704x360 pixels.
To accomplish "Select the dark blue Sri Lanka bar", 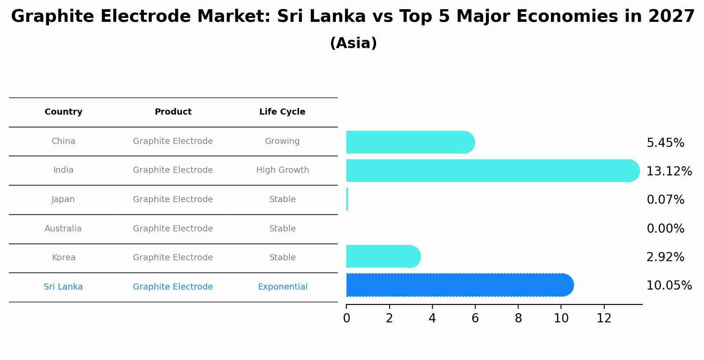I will [x=459, y=285].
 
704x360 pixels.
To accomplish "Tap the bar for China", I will [x=410, y=142].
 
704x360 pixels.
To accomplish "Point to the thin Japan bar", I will [x=347, y=199].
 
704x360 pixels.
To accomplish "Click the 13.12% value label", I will [x=669, y=171].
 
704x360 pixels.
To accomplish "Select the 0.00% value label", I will [x=665, y=229].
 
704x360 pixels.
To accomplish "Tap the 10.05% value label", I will [x=669, y=286].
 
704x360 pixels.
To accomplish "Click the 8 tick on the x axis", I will [x=518, y=318].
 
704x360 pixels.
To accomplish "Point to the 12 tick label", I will [x=604, y=318].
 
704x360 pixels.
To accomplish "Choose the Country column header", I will [x=63, y=112].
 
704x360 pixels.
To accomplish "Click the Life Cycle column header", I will [x=282, y=112].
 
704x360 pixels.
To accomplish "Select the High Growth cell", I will [x=282, y=170].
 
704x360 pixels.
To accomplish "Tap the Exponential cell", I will [x=282, y=287].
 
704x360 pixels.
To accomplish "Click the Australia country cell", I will [x=63, y=229].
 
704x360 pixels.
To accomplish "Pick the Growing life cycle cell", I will [x=282, y=141].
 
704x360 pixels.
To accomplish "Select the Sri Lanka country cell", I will [x=63, y=287].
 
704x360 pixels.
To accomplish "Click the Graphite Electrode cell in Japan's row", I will [x=173, y=199].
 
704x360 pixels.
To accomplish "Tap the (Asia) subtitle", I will [x=353, y=43].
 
